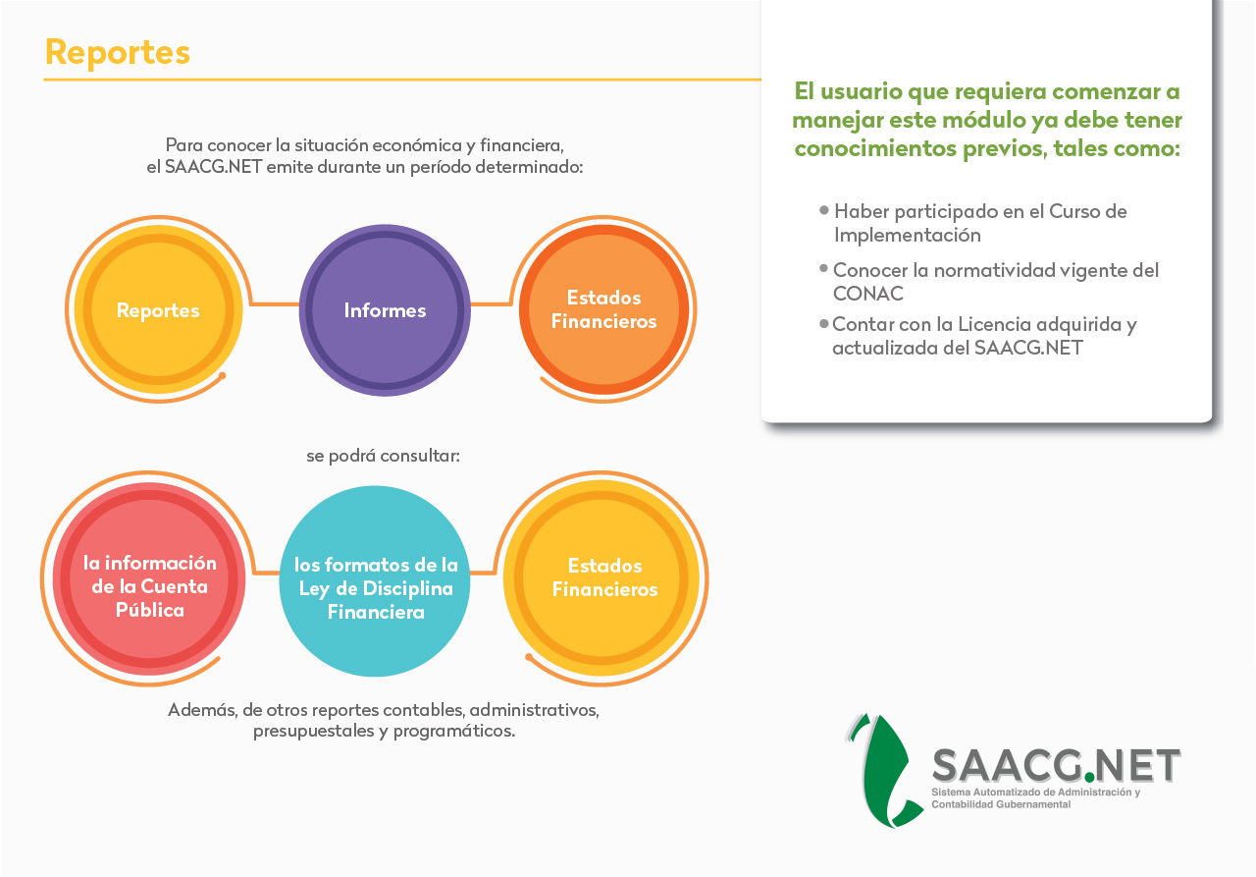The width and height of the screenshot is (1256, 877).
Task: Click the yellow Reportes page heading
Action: (x=118, y=53)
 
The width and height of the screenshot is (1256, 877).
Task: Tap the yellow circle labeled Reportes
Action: (x=159, y=309)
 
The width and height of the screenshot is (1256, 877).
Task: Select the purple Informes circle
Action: (x=385, y=310)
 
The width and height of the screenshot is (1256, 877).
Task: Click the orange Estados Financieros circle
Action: (x=603, y=309)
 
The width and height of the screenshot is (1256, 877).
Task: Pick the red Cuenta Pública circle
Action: (x=149, y=577)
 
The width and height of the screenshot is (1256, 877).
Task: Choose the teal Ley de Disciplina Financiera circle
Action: (x=375, y=581)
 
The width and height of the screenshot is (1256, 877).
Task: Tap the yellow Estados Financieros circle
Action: (x=602, y=577)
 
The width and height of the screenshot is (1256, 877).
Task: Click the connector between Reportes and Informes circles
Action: (x=274, y=304)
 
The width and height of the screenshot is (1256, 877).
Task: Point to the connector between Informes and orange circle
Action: (x=491, y=304)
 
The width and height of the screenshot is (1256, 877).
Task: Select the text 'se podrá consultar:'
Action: (x=383, y=456)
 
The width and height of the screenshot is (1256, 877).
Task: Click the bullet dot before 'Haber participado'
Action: (x=823, y=210)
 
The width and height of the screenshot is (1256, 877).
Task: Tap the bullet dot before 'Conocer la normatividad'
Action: (x=823, y=268)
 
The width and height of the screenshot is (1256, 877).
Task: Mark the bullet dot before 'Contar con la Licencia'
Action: (x=823, y=323)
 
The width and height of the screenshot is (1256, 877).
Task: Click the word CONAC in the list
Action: (x=868, y=294)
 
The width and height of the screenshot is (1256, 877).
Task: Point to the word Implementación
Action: (x=908, y=235)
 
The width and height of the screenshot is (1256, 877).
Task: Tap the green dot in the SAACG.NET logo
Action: (x=1089, y=777)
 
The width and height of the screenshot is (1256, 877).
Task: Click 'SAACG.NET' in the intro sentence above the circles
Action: (x=213, y=167)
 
